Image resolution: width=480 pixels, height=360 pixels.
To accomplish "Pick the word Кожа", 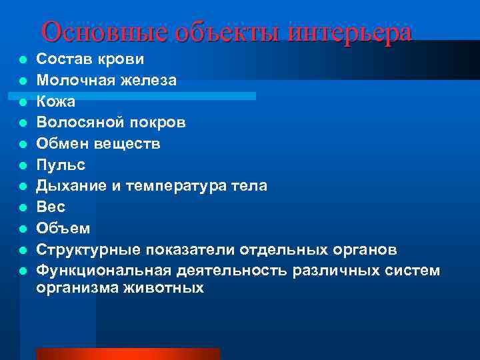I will tap(56, 101).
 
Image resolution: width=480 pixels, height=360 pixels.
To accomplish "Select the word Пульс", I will tap(61, 164).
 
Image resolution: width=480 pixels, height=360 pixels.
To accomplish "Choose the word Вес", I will tap(51, 207).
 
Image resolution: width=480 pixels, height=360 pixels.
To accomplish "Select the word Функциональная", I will tap(104, 270).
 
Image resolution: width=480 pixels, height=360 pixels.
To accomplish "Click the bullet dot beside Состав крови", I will tap(23, 60).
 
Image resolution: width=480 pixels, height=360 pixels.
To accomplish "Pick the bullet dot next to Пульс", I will tap(23, 165).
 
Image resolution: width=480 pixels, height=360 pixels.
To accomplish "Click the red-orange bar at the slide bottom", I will tap(127, 353).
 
